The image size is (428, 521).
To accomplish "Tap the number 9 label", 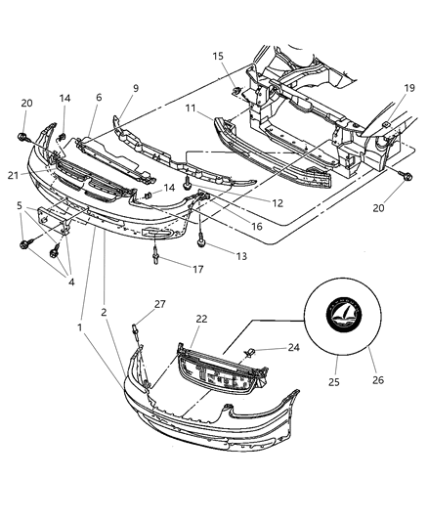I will coord(135,88).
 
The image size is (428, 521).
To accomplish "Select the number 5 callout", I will coord(20,206).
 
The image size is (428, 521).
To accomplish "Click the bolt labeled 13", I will coord(200,236).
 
